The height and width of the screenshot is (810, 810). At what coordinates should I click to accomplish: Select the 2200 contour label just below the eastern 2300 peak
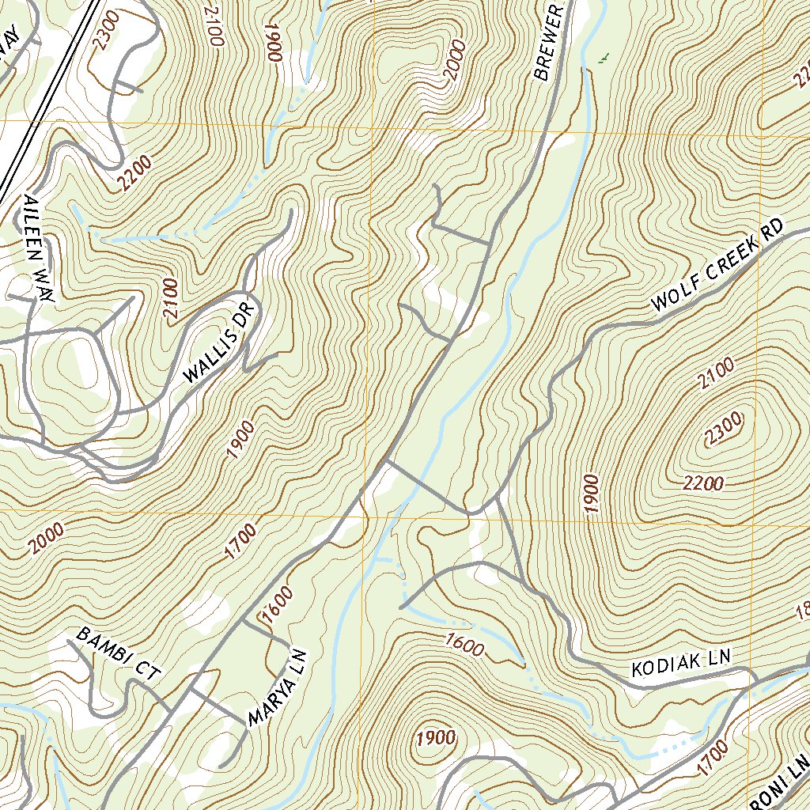(x=702, y=482)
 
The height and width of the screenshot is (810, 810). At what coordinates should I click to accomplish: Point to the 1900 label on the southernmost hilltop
(x=435, y=738)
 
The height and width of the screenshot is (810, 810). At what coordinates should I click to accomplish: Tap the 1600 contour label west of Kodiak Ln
(x=464, y=645)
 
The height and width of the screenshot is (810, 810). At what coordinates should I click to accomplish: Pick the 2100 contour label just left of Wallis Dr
(x=171, y=299)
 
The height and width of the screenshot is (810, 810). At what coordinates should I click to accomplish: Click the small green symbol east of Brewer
(x=604, y=57)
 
